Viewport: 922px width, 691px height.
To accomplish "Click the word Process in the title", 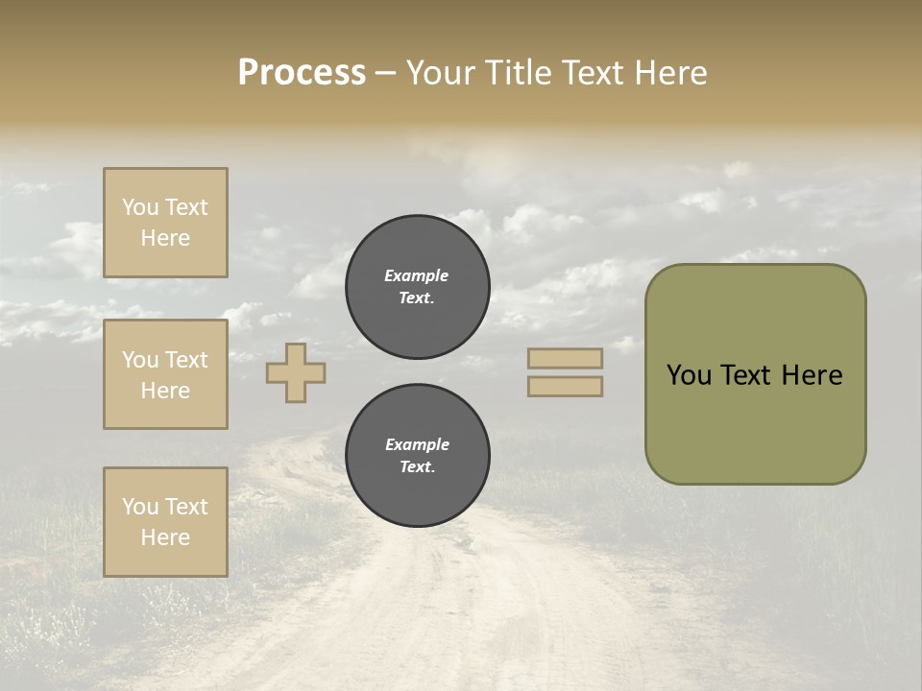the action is pyautogui.click(x=302, y=73).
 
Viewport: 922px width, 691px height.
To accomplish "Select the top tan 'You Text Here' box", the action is pyautogui.click(x=165, y=223).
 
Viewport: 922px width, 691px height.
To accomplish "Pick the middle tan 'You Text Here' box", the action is pyautogui.click(x=165, y=374).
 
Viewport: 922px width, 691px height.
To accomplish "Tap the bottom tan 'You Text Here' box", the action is pyautogui.click(x=165, y=522).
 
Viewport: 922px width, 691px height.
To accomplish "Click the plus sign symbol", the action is pyautogui.click(x=296, y=372).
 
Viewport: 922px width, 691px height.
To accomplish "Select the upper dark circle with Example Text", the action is pyautogui.click(x=418, y=287).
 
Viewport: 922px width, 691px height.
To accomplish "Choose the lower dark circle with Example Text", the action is pyautogui.click(x=418, y=456).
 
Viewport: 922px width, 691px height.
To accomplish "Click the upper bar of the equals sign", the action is pyautogui.click(x=565, y=358).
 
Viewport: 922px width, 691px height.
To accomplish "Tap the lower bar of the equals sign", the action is pyautogui.click(x=565, y=386).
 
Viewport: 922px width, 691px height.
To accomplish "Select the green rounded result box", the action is pyautogui.click(x=755, y=374).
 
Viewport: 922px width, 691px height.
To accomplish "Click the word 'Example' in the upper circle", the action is pyautogui.click(x=417, y=275).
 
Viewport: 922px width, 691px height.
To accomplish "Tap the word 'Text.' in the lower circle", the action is pyautogui.click(x=418, y=467).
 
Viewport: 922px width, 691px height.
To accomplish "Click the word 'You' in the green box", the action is pyautogui.click(x=689, y=375).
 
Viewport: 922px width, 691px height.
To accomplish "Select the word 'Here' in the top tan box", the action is pyautogui.click(x=165, y=238).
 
